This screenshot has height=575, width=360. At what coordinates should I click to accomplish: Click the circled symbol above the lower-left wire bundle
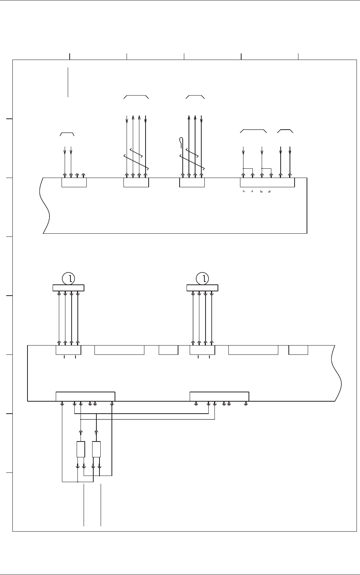[x=69, y=278]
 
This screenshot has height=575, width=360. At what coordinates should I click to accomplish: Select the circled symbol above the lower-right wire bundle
[x=202, y=278]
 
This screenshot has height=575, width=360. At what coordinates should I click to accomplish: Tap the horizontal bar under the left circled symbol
[x=69, y=287]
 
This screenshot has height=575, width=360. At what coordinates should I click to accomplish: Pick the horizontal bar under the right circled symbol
[x=202, y=287]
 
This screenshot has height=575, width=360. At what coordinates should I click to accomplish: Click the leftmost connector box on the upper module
[x=74, y=182]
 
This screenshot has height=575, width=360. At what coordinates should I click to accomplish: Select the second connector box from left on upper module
[x=136, y=182]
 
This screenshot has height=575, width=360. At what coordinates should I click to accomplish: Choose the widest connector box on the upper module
[x=267, y=182]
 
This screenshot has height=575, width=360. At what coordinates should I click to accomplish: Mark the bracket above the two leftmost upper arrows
[x=67, y=134]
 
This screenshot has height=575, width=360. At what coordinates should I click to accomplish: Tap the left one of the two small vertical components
[x=81, y=449]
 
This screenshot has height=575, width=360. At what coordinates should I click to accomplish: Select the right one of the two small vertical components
[x=96, y=449]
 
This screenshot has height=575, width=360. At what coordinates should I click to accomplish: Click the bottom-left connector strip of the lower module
[x=85, y=397]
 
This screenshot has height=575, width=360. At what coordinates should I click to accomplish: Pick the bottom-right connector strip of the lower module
[x=219, y=397]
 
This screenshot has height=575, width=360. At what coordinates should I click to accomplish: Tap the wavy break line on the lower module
[x=336, y=373]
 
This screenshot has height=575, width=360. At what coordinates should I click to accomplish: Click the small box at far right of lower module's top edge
[x=298, y=350]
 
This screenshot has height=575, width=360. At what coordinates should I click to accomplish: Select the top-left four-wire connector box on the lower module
[x=68, y=350]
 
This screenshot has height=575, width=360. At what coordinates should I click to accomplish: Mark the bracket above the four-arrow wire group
[x=136, y=96]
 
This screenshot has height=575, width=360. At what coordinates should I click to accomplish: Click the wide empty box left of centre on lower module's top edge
[x=119, y=350]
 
